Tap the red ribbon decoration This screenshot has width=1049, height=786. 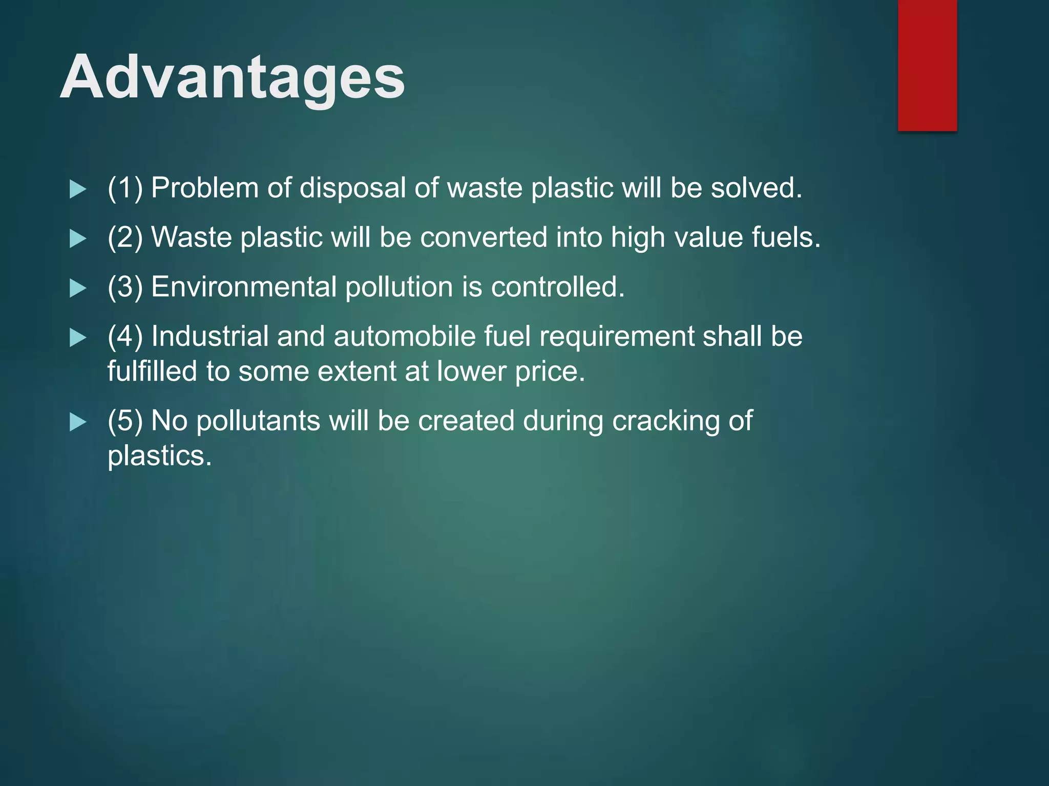point(927,65)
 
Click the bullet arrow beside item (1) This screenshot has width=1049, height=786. point(77,189)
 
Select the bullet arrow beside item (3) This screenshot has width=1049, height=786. point(77,288)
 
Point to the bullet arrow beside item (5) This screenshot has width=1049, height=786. point(77,422)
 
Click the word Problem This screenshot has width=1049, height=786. point(204,188)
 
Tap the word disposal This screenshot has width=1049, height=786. point(352,188)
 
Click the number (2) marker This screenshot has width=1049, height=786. point(125,237)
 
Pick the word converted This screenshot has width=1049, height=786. point(484,237)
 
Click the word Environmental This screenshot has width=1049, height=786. point(244,287)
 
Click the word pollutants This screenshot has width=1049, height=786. point(258,421)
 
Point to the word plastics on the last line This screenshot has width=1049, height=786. point(159,455)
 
